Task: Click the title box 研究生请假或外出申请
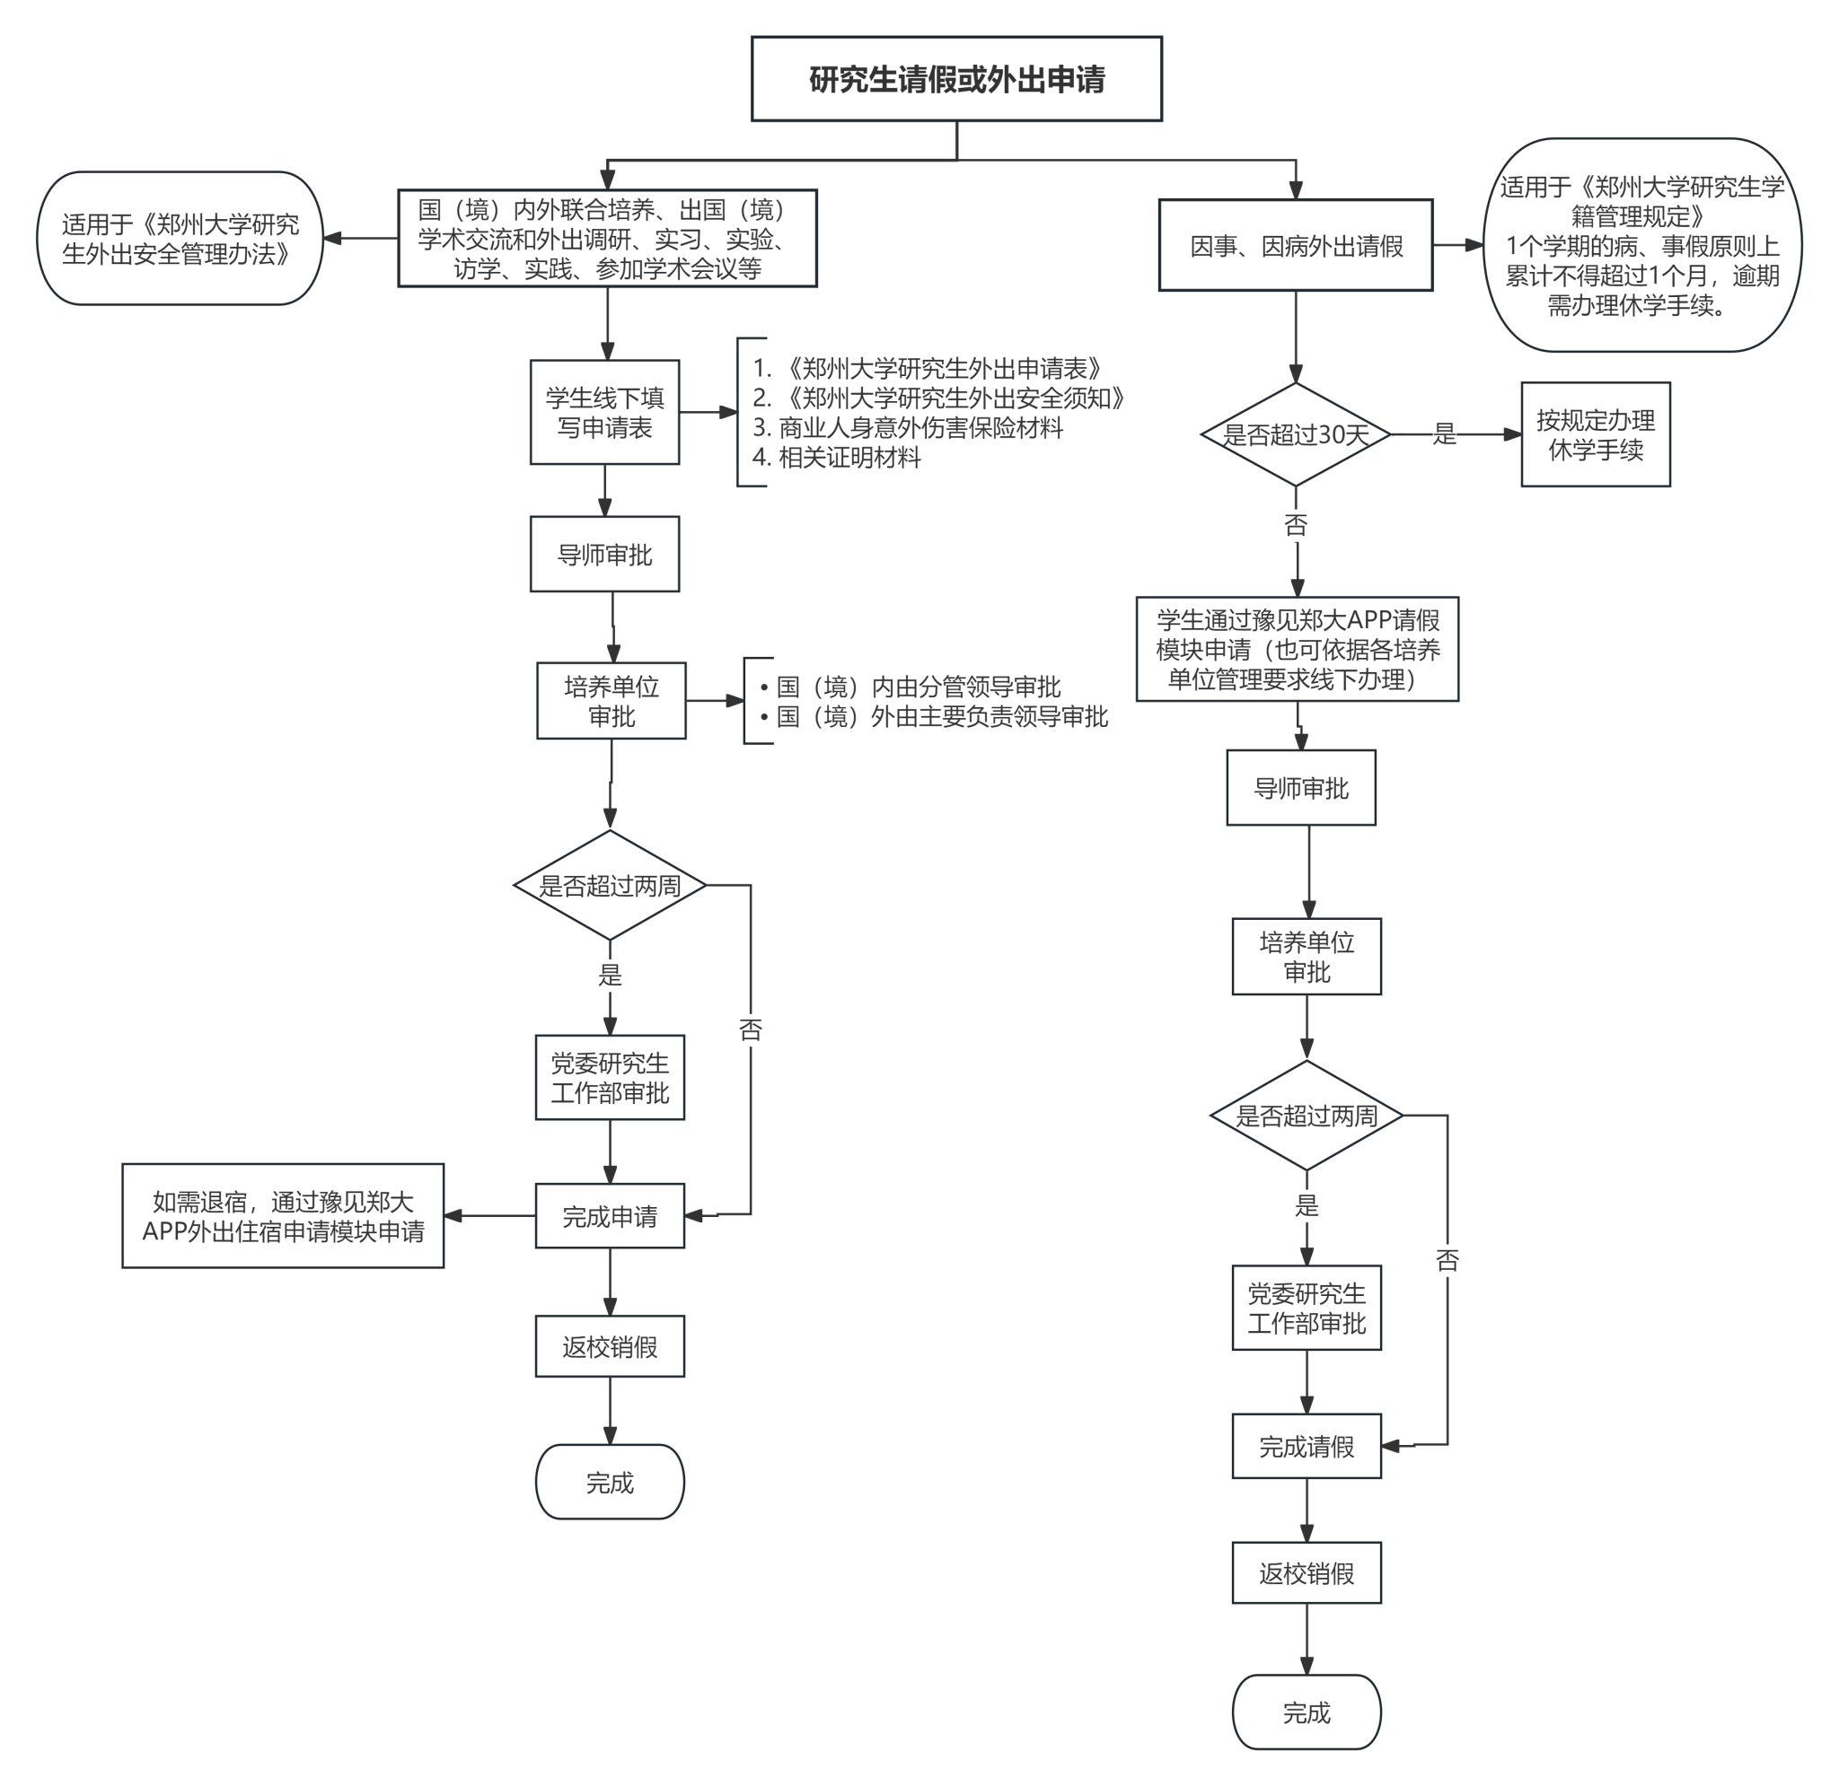point(956,79)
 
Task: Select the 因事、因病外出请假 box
point(1295,246)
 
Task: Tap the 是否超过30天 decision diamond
point(1295,434)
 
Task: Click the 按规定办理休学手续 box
point(1595,434)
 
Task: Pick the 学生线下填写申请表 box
point(604,412)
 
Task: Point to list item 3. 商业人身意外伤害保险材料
point(907,428)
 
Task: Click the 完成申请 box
point(610,1216)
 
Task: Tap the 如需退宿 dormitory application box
point(283,1216)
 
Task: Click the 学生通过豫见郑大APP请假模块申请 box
point(1297,649)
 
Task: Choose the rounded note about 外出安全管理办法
point(180,238)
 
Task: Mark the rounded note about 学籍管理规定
point(1642,246)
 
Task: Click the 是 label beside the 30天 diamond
point(1444,434)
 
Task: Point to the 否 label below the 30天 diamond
point(1296,524)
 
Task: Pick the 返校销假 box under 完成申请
point(610,1346)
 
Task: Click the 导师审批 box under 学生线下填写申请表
point(604,555)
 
